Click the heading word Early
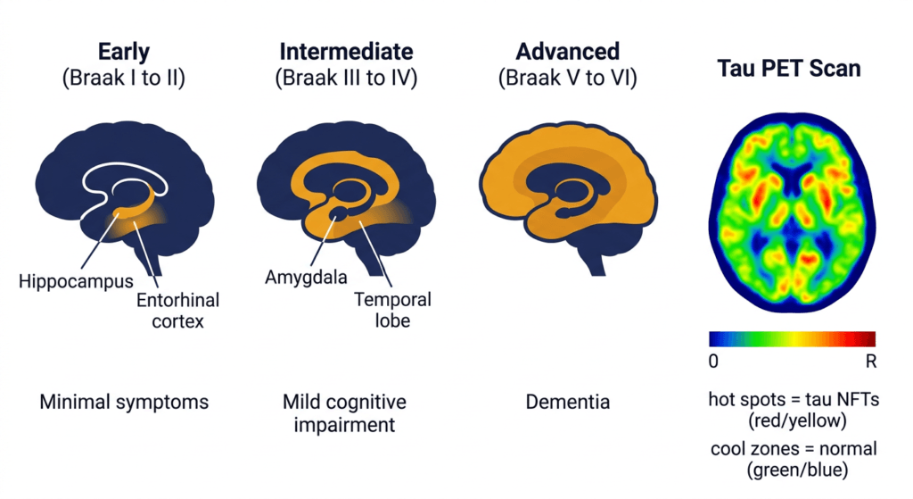[x=123, y=52]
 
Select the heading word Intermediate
[x=347, y=52]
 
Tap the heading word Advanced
[x=568, y=52]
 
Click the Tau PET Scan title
[x=789, y=68]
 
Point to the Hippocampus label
[x=77, y=281]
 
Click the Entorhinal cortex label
[x=178, y=311]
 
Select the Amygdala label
[x=307, y=278]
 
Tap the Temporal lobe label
[x=393, y=310]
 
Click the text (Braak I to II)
[x=123, y=78]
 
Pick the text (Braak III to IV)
[x=347, y=78]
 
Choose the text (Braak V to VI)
[x=568, y=78]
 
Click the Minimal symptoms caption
[x=124, y=403]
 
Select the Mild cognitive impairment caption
[x=345, y=413]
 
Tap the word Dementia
[x=568, y=403]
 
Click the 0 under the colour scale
[x=714, y=362]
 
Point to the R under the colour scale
[x=871, y=362]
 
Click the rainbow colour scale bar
[x=793, y=339]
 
